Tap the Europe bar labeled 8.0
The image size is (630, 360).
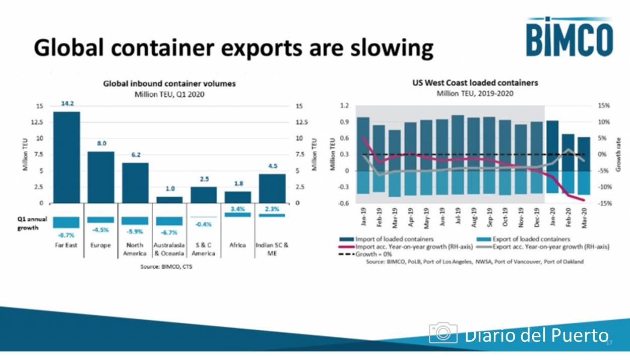(101, 177)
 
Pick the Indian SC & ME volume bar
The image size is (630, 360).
(272, 189)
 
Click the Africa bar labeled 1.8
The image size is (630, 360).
(237, 197)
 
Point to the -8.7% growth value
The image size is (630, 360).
(67, 235)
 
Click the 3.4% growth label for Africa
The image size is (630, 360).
(237, 209)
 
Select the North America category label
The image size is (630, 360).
(135, 249)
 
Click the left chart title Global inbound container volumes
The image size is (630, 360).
(169, 84)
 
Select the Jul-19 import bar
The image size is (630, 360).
(458, 143)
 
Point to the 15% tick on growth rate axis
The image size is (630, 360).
(604, 106)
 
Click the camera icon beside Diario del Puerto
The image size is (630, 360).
(443, 333)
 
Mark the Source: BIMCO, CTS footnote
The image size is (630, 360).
(166, 266)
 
